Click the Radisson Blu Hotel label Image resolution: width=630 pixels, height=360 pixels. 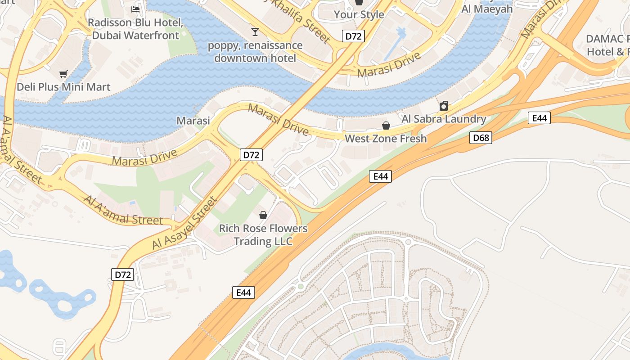click(x=135, y=29)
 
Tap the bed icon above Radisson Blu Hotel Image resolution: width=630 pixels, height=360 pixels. click(x=135, y=9)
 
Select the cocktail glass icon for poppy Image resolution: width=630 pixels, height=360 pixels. click(x=255, y=31)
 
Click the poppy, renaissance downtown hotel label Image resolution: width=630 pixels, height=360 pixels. click(x=255, y=52)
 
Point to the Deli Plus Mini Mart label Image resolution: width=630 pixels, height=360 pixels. click(x=63, y=87)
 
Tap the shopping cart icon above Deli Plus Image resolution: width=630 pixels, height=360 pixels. click(x=63, y=73)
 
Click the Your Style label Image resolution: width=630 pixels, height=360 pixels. click(x=359, y=14)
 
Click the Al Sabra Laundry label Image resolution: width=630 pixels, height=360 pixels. click(x=444, y=119)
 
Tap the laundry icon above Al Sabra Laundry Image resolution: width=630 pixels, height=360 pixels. click(x=444, y=106)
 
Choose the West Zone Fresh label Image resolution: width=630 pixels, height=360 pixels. click(x=386, y=138)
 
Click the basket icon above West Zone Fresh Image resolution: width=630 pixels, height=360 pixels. click(x=386, y=125)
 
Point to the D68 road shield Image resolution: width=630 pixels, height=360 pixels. click(x=481, y=138)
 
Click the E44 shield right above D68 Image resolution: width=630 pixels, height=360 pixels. click(x=539, y=118)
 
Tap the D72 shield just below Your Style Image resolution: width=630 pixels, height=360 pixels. click(x=353, y=36)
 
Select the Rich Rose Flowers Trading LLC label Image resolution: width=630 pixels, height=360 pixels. click(x=263, y=235)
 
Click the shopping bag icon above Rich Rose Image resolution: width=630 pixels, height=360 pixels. click(x=263, y=215)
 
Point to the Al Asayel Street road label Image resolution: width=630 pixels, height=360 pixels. click(x=185, y=223)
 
